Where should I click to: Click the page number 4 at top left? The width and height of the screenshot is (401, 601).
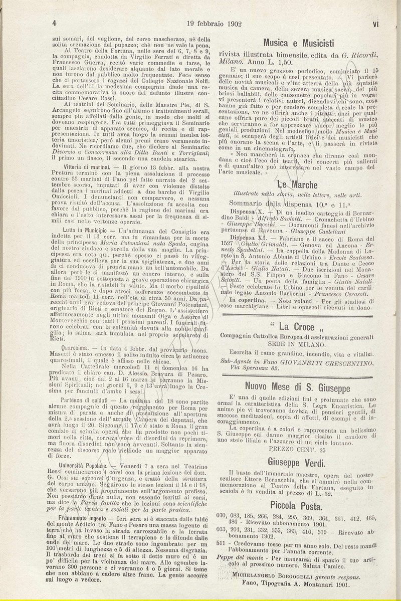[54, 23]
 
